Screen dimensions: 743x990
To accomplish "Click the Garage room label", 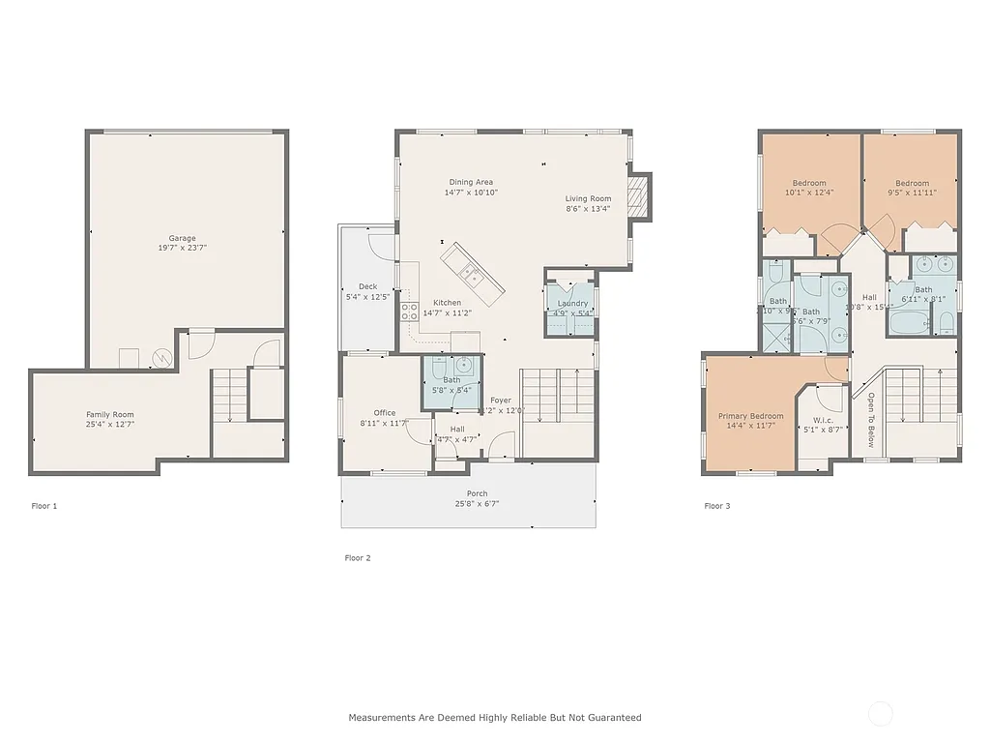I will tap(182, 238).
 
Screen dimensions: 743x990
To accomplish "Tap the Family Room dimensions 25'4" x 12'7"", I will tap(109, 424).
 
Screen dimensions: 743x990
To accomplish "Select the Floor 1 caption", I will tap(44, 506).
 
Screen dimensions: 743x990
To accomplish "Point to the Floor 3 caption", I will tap(716, 506).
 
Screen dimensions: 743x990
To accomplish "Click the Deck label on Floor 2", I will tap(367, 286).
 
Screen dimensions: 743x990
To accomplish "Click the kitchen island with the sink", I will tap(473, 272).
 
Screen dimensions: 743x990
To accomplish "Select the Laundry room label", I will tap(572, 304).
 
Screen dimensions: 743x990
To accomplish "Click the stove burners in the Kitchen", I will tap(409, 312).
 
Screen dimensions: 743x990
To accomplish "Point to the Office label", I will tap(385, 413).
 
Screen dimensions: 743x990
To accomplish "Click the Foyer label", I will tap(500, 400).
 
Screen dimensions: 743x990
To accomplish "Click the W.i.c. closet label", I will tap(824, 420).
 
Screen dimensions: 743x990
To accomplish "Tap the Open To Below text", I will tap(869, 420).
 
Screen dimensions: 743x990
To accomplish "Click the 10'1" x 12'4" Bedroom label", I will tap(809, 183).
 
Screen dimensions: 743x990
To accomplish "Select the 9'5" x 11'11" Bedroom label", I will tap(912, 183).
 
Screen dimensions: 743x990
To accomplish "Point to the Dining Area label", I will tap(471, 182).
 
